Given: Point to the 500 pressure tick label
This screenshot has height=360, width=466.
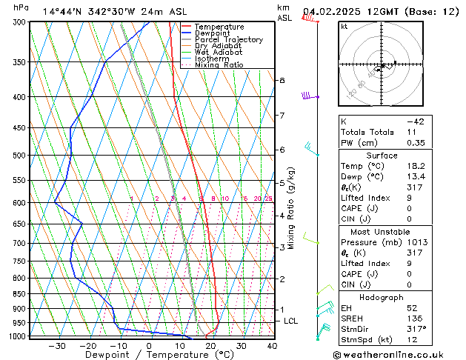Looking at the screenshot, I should [x=19, y=156].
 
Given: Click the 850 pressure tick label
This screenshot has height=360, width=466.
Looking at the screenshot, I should [x=19, y=294].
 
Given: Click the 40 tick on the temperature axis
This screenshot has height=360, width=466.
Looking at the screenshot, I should [x=272, y=345].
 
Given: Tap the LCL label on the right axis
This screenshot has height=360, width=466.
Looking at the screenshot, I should [x=291, y=321].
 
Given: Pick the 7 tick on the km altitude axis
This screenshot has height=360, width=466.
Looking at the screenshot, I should [x=282, y=116].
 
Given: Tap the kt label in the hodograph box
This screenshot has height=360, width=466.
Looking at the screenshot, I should [x=344, y=26].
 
